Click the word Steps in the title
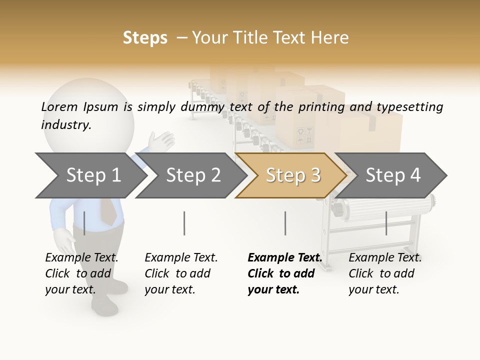(145, 38)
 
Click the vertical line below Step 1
(84, 223)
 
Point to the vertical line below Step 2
(184, 223)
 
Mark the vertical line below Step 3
(285, 223)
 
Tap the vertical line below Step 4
(386, 223)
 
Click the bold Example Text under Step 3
(284, 258)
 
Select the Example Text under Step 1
(81, 258)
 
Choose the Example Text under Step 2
(181, 258)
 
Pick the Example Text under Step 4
(385, 258)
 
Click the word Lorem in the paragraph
(59, 106)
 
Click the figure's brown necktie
(109, 210)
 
